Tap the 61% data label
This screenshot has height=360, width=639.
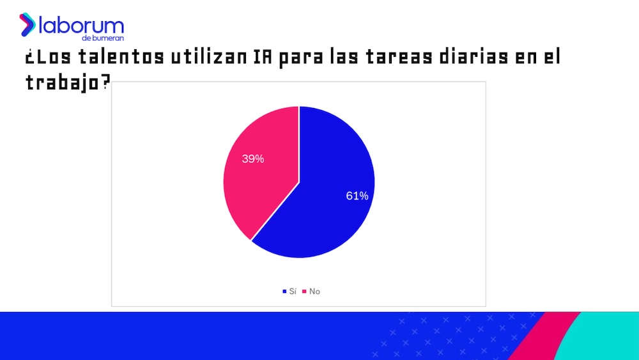click(357, 196)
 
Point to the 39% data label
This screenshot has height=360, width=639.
click(253, 159)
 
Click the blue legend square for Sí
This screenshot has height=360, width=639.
click(284, 292)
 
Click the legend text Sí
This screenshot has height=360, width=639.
click(293, 292)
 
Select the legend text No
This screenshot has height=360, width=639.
click(314, 292)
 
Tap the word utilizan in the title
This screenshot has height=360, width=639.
click(208, 58)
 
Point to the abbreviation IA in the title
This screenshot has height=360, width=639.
click(263, 58)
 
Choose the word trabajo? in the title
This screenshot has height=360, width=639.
click(66, 82)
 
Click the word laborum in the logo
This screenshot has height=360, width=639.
click(81, 26)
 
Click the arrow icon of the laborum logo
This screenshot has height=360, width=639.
click(27, 24)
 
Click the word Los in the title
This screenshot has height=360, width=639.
click(49, 58)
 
